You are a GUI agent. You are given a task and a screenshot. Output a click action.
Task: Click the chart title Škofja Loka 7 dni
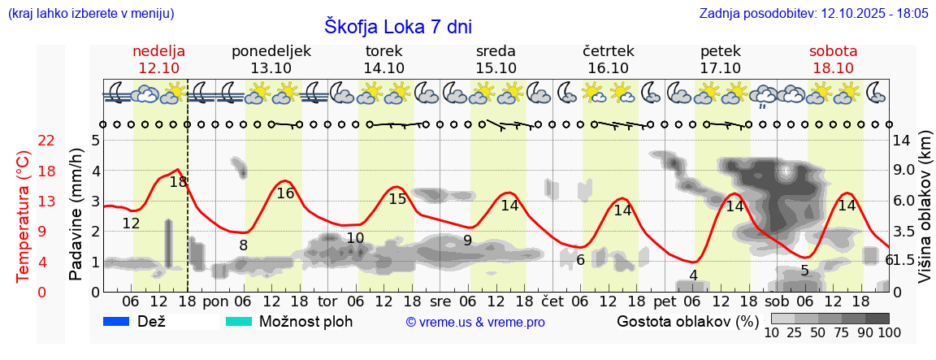(x=397, y=26)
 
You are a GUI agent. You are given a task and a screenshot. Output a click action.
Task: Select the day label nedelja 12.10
(x=159, y=59)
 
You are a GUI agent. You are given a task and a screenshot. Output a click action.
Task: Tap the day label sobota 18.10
(x=833, y=59)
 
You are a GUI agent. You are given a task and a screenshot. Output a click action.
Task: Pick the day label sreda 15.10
(x=496, y=59)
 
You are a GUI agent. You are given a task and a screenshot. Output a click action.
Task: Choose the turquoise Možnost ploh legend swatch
(x=239, y=321)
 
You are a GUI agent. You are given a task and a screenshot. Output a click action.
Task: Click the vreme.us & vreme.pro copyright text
(x=475, y=322)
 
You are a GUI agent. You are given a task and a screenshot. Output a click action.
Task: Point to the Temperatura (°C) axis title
(x=23, y=215)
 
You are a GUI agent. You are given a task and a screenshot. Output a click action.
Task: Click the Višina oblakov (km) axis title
(x=925, y=215)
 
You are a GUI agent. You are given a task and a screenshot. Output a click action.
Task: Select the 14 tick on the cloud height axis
(x=903, y=141)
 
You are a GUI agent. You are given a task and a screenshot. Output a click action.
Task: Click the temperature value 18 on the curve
(x=179, y=182)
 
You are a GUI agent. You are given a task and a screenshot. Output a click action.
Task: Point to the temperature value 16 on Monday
(x=285, y=193)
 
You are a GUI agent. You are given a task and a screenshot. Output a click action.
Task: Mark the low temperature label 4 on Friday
(x=693, y=275)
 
